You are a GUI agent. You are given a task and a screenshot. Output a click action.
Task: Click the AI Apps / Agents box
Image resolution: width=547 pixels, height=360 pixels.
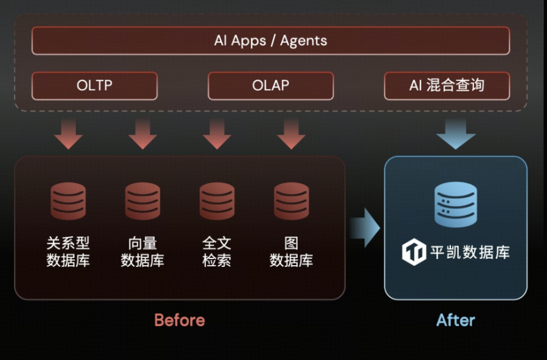coord(270,41)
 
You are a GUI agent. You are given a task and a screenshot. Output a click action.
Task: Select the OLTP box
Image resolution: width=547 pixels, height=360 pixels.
coord(94,86)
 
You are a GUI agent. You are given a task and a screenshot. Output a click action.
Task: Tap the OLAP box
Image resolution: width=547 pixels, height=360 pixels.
coord(270,86)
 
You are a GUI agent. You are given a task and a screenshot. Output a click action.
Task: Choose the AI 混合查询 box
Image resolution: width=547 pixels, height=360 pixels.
coord(447,86)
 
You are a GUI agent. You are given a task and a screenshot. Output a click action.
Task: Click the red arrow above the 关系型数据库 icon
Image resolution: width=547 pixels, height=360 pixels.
coord(68,134)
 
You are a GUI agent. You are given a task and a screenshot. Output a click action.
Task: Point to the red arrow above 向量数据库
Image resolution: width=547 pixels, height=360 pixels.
coord(142,134)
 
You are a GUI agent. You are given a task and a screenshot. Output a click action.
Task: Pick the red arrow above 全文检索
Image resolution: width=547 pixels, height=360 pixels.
coord(217,134)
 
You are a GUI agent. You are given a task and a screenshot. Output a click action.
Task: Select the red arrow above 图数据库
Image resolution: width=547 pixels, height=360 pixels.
coord(291,134)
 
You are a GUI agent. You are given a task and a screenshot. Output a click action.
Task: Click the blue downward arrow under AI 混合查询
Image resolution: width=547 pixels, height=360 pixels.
coord(456,134)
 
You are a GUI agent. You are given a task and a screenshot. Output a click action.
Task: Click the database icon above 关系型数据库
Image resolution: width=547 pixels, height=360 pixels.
coord(68,201)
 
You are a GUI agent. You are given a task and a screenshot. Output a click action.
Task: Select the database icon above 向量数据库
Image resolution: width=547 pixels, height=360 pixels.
coord(142,201)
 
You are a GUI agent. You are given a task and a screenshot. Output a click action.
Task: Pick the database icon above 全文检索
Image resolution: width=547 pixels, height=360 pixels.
coord(217,201)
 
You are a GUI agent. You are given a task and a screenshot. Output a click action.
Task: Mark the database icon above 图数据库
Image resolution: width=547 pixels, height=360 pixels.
coord(291,201)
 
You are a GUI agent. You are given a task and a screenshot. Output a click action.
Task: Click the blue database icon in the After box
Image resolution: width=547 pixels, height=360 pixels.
coord(456,204)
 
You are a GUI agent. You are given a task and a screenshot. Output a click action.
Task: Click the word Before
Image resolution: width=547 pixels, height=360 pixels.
coord(179,320)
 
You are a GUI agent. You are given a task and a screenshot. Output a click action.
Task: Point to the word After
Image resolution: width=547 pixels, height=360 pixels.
coord(456,320)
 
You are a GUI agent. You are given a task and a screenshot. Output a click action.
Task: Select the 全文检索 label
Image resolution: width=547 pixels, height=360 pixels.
coord(217,252)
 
